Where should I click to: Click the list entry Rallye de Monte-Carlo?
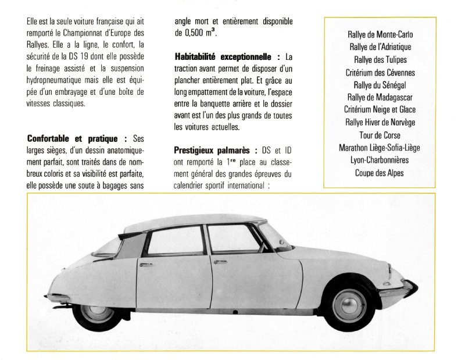[379, 35]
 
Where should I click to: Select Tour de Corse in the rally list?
[379, 135]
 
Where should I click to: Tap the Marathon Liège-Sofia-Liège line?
[379, 148]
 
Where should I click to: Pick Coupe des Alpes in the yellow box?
[379, 173]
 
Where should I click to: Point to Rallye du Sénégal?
[379, 85]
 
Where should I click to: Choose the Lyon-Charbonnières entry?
[379, 160]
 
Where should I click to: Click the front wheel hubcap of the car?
[353, 312]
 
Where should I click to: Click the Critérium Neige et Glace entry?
[379, 110]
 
